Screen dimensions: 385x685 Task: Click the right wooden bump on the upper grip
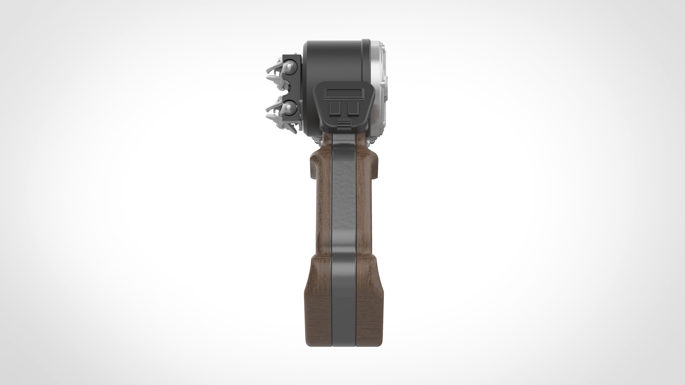pyautogui.click(x=372, y=165)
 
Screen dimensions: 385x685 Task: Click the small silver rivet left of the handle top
pyautogui.click(x=317, y=142)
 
